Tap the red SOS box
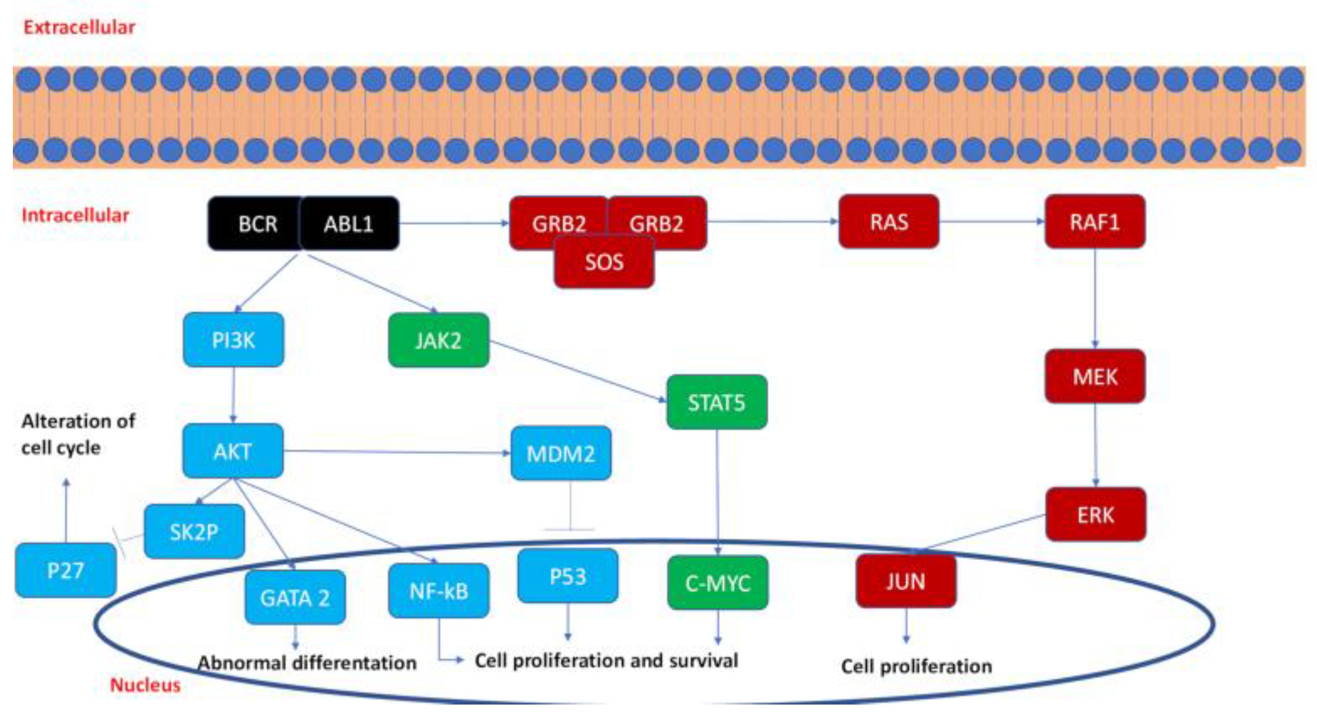604,262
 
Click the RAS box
889,222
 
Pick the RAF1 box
1095,222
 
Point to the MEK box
1095,376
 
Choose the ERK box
1096,515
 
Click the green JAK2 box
439,341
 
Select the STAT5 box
716,402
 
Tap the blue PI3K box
233,340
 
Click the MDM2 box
561,453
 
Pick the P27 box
66,570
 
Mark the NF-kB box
439,591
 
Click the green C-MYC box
718,583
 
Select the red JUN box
906,581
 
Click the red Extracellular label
79,27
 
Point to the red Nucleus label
145,684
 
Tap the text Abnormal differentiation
307,663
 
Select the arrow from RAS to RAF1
992,221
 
